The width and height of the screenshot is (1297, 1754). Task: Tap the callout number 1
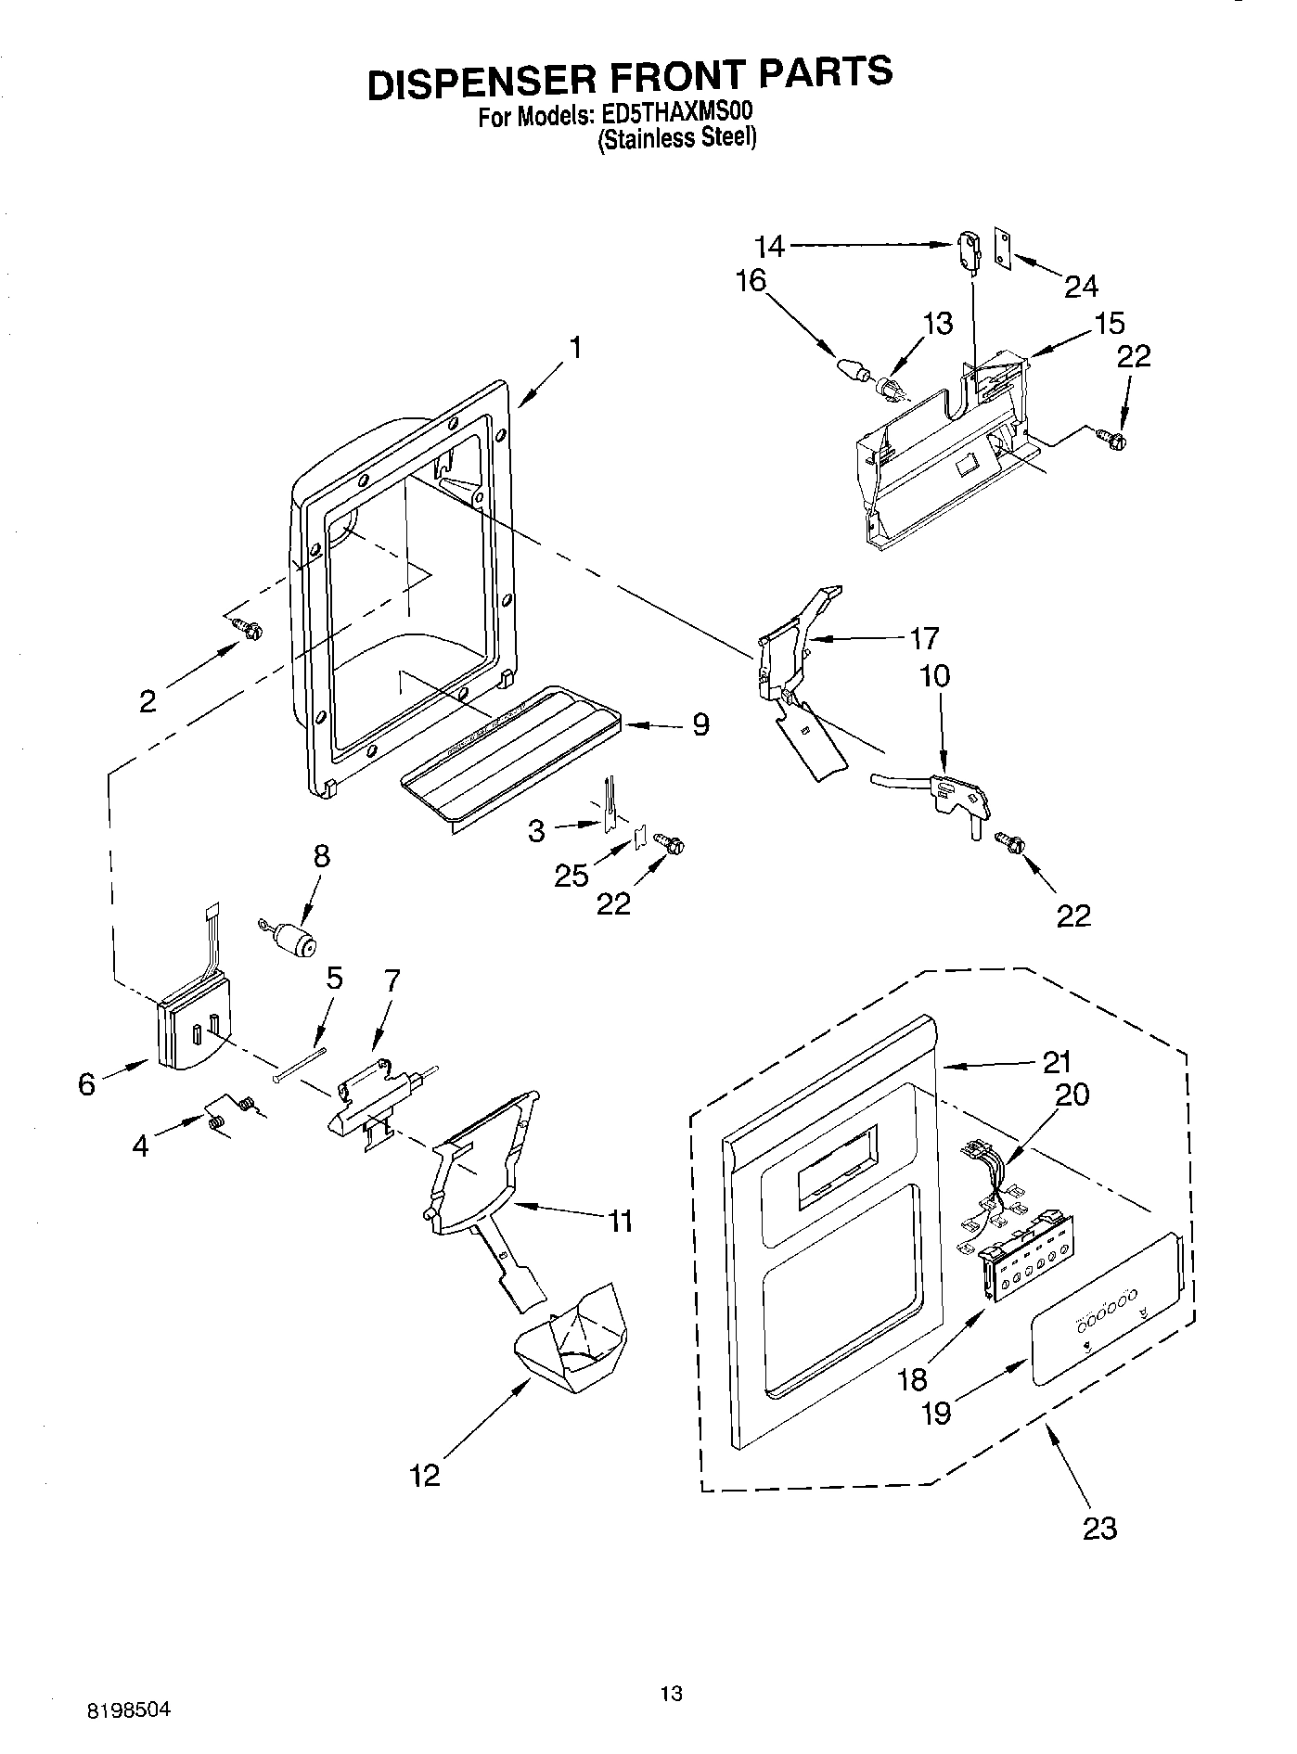pos(576,348)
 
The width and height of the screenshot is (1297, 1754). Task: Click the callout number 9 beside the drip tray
pos(700,723)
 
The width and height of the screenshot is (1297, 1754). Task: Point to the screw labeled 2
pos(248,629)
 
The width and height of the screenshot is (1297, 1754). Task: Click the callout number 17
pos(924,638)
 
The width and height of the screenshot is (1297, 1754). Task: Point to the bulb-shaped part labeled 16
pos(851,365)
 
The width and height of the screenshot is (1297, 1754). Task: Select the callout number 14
pos(769,246)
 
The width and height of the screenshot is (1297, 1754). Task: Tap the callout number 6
pos(86,1083)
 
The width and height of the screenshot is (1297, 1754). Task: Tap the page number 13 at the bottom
pos(671,1693)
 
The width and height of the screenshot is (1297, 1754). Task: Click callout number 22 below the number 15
pos(1133,356)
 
